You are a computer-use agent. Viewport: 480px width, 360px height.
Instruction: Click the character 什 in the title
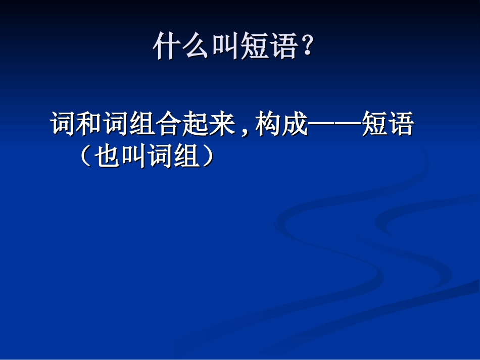coord(167,47)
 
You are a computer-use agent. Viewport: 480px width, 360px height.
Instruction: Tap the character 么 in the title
coord(196,47)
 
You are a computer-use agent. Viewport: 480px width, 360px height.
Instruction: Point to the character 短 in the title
coord(254,47)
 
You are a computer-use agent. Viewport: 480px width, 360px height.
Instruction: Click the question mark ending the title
coord(307,47)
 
